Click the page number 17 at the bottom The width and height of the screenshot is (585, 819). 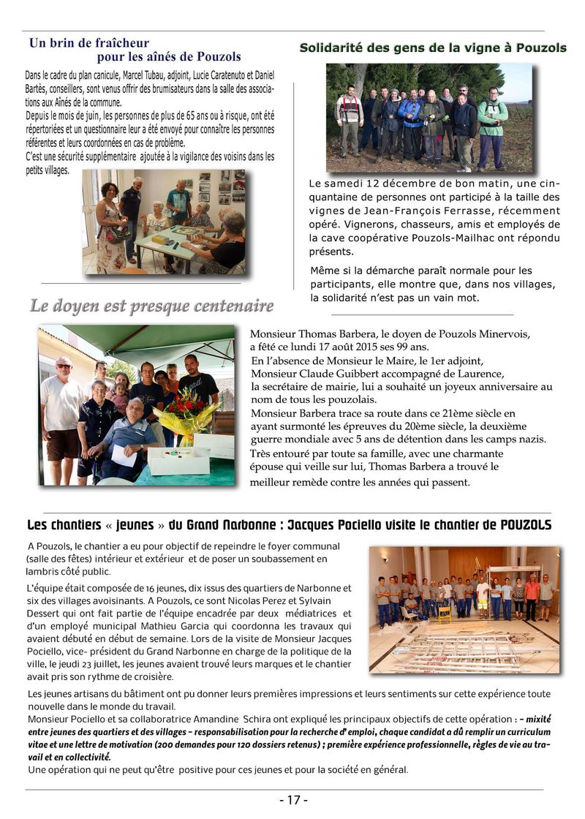(x=293, y=800)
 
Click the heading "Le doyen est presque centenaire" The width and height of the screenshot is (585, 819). (x=151, y=306)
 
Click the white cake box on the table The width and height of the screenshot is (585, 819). (x=178, y=460)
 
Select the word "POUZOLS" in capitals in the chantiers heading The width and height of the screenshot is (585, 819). (x=526, y=525)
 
